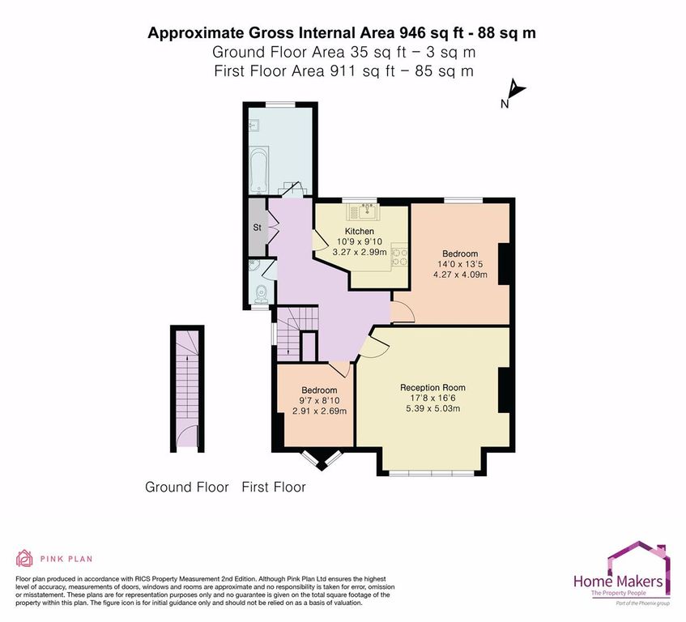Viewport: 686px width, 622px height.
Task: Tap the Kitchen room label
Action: coord(359,231)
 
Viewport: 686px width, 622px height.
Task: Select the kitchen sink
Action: coord(364,211)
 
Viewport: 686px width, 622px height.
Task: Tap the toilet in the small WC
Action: coord(261,292)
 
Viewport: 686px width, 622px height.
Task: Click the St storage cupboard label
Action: coord(258,228)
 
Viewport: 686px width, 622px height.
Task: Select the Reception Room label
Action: coord(432,388)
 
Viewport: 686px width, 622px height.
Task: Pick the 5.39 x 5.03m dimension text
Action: coord(433,408)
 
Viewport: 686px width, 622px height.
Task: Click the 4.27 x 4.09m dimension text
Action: coord(460,275)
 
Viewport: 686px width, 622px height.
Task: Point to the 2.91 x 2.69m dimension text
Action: coord(319,411)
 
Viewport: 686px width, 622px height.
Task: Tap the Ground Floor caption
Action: coord(187,487)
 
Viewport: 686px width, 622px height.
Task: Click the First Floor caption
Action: coord(274,487)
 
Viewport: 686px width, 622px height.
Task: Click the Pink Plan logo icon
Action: coord(24,558)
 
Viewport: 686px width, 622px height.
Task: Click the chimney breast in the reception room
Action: coord(504,390)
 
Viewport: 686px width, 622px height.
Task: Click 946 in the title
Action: coord(412,33)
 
